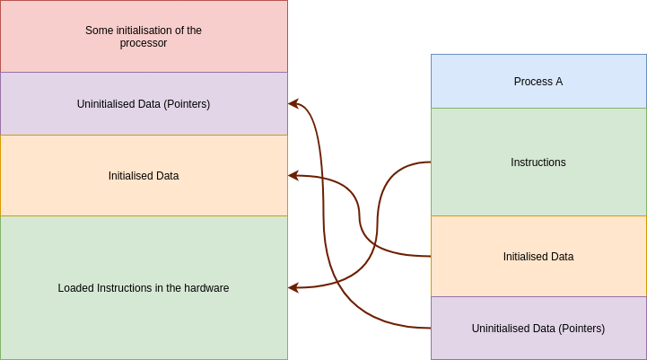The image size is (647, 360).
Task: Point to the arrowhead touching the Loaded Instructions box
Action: [293, 288]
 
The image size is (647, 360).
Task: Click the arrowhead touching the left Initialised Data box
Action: [293, 176]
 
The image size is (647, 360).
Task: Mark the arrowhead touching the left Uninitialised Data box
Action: [293, 104]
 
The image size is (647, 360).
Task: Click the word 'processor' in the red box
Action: [144, 42]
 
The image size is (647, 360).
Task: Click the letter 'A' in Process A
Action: [559, 82]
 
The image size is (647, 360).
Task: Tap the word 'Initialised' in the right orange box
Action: [526, 257]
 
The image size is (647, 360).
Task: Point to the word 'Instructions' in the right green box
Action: [538, 162]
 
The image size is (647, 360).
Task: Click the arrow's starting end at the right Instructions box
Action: [429, 162]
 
